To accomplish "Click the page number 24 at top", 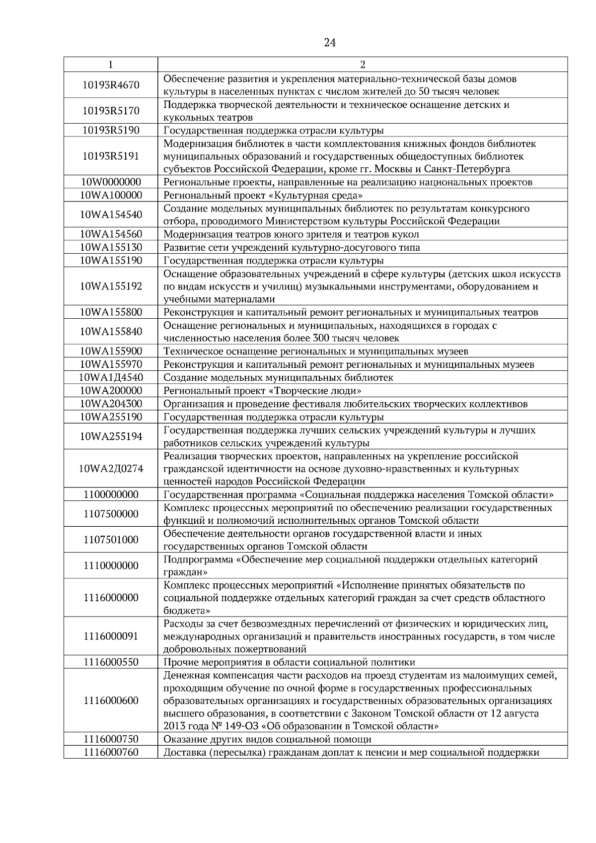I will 329,43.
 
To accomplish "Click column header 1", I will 111,65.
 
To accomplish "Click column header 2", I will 362,65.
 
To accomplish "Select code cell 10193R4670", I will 111,85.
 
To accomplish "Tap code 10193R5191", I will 111,156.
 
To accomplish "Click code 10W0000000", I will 111,182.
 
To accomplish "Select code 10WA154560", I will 111,234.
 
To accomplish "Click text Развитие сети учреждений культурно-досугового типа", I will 292,247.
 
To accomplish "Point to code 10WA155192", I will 111,286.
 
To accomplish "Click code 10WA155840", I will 111,331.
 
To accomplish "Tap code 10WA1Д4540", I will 111,377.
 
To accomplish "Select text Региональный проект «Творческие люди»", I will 262,390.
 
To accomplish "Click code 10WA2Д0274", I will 111,468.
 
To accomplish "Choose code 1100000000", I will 111,494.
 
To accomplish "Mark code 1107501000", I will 111,540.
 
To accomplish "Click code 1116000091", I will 111,636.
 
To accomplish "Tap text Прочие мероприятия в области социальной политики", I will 289,662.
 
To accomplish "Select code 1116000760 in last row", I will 111,752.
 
